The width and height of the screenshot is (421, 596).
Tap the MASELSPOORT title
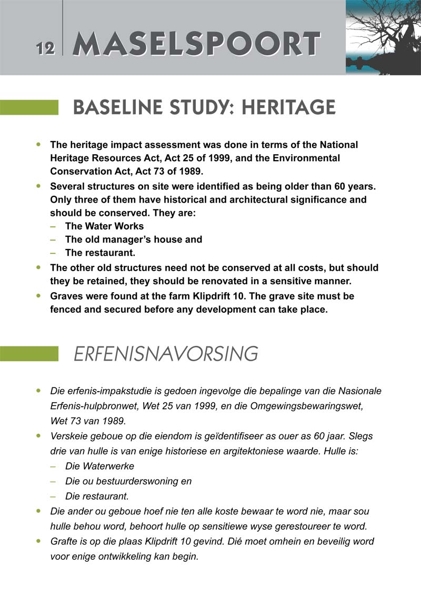196,44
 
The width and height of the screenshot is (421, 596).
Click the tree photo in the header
383,37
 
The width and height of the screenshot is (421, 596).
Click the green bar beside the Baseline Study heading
29,107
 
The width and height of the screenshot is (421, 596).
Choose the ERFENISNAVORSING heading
166,354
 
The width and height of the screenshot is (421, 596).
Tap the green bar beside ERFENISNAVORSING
29,353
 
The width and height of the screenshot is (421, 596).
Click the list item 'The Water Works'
104,226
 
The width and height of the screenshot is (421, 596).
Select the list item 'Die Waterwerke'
99,466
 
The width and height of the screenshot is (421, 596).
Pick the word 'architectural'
272,200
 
